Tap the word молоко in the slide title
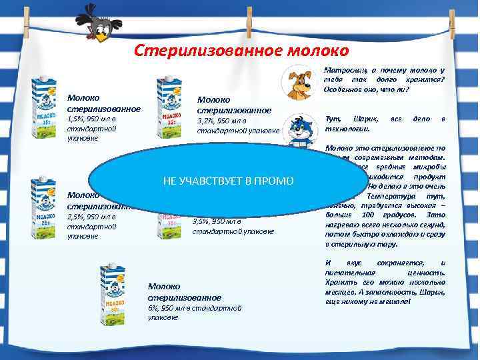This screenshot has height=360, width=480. [x=319, y=51]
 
